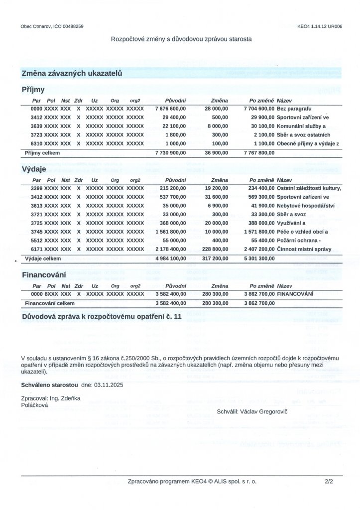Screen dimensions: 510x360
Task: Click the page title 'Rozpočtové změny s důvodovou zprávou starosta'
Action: point(181,38)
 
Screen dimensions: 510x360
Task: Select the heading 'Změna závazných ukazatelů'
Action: point(72,73)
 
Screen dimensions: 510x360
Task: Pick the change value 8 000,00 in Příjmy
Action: point(218,126)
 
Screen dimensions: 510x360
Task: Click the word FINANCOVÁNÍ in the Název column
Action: point(295,294)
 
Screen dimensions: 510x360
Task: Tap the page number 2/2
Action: point(328,482)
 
